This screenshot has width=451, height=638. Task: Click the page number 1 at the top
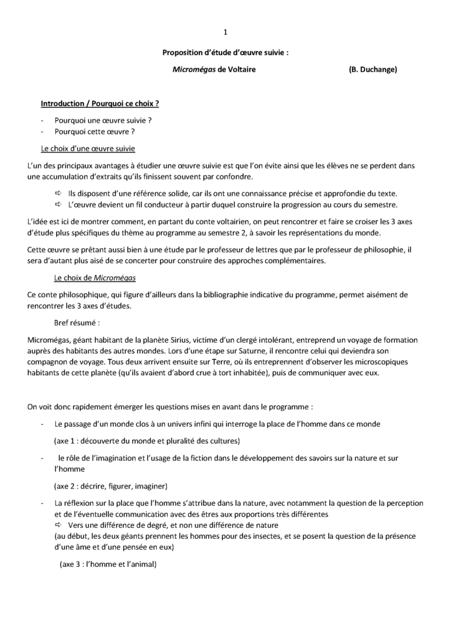[x=225, y=33]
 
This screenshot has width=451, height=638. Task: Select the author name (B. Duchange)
[x=373, y=70]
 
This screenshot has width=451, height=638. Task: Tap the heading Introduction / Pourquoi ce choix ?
[x=100, y=102]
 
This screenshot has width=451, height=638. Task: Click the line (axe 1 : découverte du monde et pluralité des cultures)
[x=146, y=440]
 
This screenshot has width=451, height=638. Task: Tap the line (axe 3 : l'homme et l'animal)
[x=107, y=564]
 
